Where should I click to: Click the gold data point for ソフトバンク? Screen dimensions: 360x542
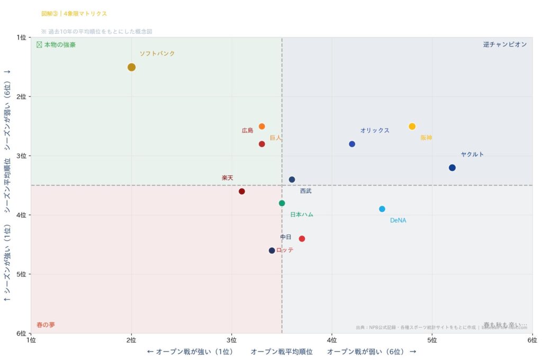131,67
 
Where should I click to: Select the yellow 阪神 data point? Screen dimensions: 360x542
412,126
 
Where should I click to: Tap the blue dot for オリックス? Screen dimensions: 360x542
352,144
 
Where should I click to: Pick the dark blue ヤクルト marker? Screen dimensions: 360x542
452,168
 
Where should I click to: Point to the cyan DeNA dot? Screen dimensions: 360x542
382,209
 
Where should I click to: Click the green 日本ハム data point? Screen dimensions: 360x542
282,203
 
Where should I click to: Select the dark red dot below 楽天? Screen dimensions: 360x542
242,191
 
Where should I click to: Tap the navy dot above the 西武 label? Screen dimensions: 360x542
292,179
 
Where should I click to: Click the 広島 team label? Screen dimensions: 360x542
247,130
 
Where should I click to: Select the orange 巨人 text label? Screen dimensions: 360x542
275,138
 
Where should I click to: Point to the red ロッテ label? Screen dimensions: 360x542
285,250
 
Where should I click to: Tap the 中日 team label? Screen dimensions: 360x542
286,237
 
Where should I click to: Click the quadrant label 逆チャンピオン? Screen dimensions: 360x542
504,44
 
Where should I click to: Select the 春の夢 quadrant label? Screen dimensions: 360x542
46,325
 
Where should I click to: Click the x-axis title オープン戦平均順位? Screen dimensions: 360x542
282,352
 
